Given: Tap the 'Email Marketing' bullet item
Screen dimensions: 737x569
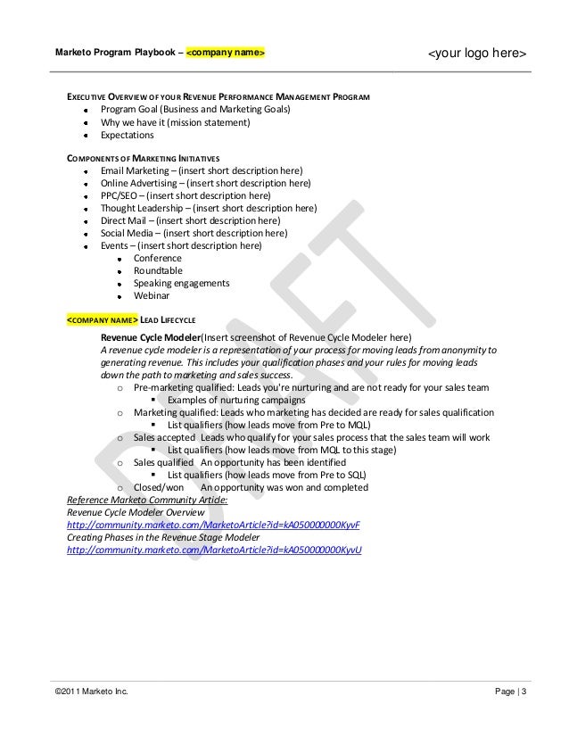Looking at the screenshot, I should (x=202, y=170).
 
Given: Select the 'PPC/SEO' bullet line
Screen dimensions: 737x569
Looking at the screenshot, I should (x=186, y=195).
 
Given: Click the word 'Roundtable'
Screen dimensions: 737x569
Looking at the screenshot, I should (x=158, y=270).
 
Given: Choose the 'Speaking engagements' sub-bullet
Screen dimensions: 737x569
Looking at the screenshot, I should (x=181, y=283).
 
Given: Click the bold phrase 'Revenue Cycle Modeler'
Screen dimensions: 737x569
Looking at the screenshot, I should (x=150, y=338).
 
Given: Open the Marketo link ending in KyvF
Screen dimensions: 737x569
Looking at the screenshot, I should (x=214, y=526).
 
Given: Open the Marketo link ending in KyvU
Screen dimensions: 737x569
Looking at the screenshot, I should (x=214, y=551).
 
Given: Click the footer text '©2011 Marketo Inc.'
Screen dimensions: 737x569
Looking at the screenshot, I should (x=91, y=693).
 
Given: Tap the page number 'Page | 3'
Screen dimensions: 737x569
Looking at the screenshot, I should (x=511, y=693).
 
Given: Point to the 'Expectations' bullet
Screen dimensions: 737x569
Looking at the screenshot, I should (x=127, y=135).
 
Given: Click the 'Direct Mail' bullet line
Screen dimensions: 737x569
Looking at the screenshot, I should (x=190, y=220).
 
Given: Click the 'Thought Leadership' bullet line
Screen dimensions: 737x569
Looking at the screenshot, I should (x=209, y=208).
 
